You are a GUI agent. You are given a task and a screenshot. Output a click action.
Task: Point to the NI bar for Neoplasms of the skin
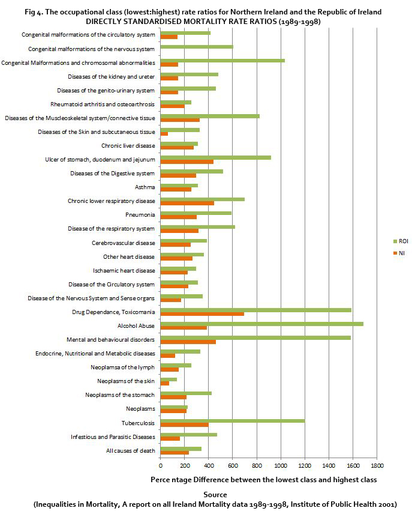[164, 383]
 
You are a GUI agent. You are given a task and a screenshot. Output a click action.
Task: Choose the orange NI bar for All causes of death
[175, 452]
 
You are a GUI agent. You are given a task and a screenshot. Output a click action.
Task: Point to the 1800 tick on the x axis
[377, 465]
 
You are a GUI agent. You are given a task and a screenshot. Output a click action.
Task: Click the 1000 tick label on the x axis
[281, 465]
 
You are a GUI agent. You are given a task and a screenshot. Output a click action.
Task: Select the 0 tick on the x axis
[160, 465]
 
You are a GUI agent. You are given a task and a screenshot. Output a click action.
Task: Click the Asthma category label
[145, 187]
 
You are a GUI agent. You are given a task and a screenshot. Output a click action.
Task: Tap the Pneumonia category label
[140, 215]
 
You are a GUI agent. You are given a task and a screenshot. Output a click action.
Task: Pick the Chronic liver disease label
[128, 146]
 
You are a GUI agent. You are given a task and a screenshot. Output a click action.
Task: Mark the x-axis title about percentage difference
[264, 479]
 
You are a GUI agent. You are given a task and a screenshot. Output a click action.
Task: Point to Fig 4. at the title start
[36, 12]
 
